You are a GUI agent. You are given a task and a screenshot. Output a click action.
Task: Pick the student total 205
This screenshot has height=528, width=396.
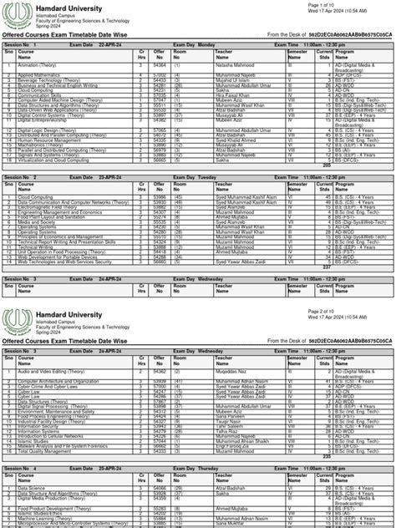point(326,166)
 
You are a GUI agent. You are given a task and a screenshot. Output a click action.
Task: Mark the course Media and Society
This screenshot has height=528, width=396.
point(38,222)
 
